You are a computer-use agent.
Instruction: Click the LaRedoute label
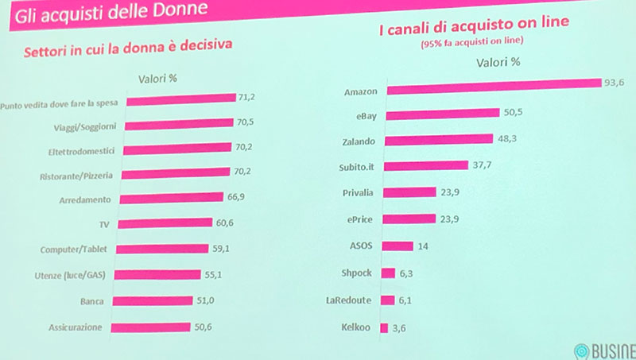[351, 300]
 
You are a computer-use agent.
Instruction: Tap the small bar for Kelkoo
[384, 327]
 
